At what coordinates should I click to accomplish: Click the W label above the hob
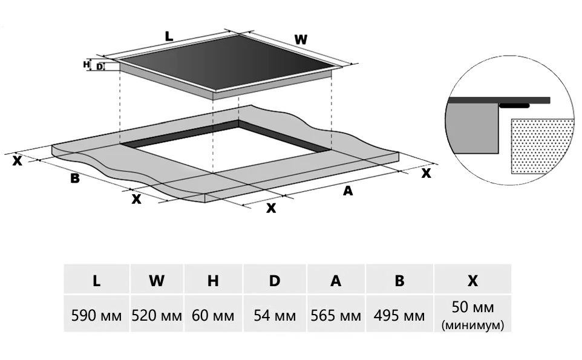pyautogui.click(x=301, y=40)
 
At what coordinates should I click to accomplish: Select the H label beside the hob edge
pyautogui.click(x=87, y=64)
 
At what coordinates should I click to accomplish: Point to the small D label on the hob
pyautogui.click(x=99, y=67)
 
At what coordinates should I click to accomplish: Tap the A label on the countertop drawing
pyautogui.click(x=347, y=191)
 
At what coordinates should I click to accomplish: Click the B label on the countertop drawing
pyautogui.click(x=75, y=178)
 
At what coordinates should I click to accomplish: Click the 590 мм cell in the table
pyautogui.click(x=97, y=315)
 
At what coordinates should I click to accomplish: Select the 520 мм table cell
pyautogui.click(x=157, y=315)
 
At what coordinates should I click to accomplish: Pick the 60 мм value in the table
pyautogui.click(x=212, y=315)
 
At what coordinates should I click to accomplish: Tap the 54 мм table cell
pyautogui.click(x=275, y=315)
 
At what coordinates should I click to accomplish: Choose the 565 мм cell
pyautogui.click(x=336, y=315)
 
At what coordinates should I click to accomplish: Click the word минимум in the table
pyautogui.click(x=473, y=326)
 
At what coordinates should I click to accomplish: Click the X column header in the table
pyautogui.click(x=473, y=281)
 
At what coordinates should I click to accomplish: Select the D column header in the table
pyautogui.click(x=275, y=281)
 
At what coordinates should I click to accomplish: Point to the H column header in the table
pyautogui.click(x=212, y=281)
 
